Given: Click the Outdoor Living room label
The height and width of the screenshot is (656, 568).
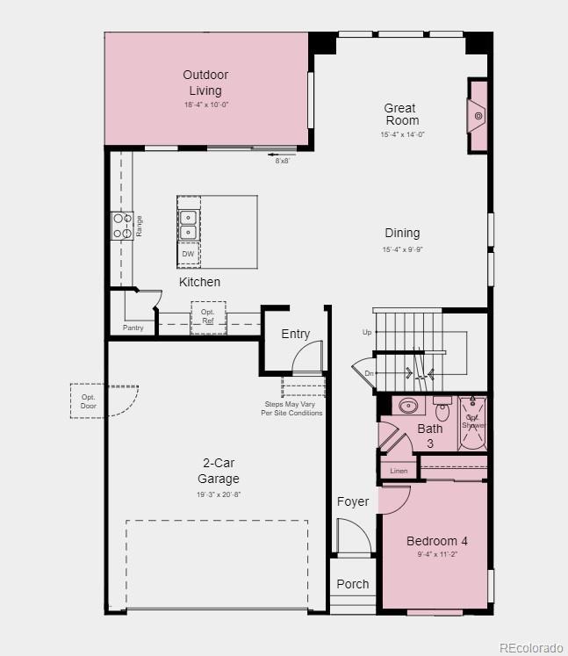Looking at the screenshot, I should pyautogui.click(x=205, y=83).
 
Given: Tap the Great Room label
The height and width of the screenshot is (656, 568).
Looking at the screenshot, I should pyautogui.click(x=401, y=114).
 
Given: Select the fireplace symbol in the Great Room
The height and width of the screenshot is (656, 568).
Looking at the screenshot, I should pyautogui.click(x=478, y=115).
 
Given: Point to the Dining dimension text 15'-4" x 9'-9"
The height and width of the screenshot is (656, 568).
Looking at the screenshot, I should pyautogui.click(x=402, y=250).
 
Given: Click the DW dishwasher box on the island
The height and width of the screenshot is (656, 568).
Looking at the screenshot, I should pyautogui.click(x=188, y=254).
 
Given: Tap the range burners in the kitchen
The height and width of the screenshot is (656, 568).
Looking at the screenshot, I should pyautogui.click(x=121, y=227).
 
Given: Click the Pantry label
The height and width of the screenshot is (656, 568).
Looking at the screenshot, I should pyautogui.click(x=133, y=328).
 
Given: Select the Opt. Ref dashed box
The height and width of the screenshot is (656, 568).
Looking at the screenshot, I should pyautogui.click(x=208, y=317).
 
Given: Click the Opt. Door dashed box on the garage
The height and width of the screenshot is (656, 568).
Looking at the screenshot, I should pyautogui.click(x=88, y=400).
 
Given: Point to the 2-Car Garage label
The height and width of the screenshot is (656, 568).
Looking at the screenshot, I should pyautogui.click(x=218, y=471).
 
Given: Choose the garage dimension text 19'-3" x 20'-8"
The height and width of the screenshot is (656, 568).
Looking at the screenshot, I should pyautogui.click(x=218, y=494).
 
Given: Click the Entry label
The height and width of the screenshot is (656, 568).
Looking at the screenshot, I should pyautogui.click(x=295, y=334).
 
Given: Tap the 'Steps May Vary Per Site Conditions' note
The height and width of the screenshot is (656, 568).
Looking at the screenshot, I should pyautogui.click(x=291, y=408).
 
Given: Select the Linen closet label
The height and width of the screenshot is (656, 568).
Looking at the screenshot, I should pyautogui.click(x=399, y=471).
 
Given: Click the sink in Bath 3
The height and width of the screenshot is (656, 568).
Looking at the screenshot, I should pyautogui.click(x=408, y=407).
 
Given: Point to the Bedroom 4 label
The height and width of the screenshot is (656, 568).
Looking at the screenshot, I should pyautogui.click(x=436, y=541).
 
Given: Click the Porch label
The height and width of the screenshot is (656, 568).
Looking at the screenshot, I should pyautogui.click(x=353, y=584).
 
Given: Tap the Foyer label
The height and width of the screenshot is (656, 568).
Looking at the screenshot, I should pyautogui.click(x=353, y=501).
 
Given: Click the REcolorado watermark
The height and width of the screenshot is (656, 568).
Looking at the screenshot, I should pyautogui.click(x=531, y=648).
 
